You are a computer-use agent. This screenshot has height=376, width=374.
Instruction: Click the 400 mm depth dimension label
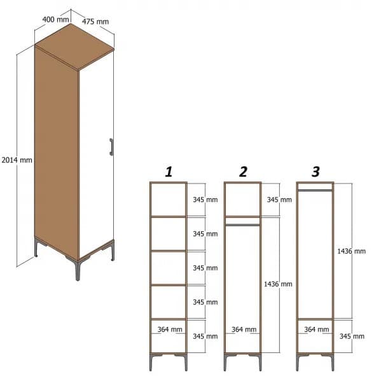click(x=55, y=19)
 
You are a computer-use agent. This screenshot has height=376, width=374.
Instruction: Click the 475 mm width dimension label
click(x=95, y=21)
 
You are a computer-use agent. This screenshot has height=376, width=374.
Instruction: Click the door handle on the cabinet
click(x=111, y=147)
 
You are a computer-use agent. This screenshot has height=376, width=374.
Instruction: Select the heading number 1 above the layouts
click(x=169, y=171)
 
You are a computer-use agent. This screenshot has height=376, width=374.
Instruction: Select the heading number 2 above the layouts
click(x=243, y=171)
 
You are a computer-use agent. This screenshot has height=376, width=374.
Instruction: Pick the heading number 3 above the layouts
click(x=315, y=171)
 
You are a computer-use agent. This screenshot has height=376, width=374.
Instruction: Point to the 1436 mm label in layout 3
click(x=352, y=251)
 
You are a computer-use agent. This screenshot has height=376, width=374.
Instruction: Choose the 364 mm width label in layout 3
click(x=317, y=329)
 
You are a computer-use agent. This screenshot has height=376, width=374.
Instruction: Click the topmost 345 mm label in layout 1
click(x=205, y=199)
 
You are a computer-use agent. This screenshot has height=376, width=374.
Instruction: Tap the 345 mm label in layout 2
click(x=279, y=199)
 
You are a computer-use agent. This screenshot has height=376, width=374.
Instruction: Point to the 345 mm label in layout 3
click(x=352, y=336)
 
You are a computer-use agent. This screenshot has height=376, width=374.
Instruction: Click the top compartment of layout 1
click(x=168, y=199)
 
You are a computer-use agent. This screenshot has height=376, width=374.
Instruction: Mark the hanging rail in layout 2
click(x=242, y=224)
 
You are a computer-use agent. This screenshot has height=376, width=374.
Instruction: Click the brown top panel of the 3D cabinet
click(x=75, y=47)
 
